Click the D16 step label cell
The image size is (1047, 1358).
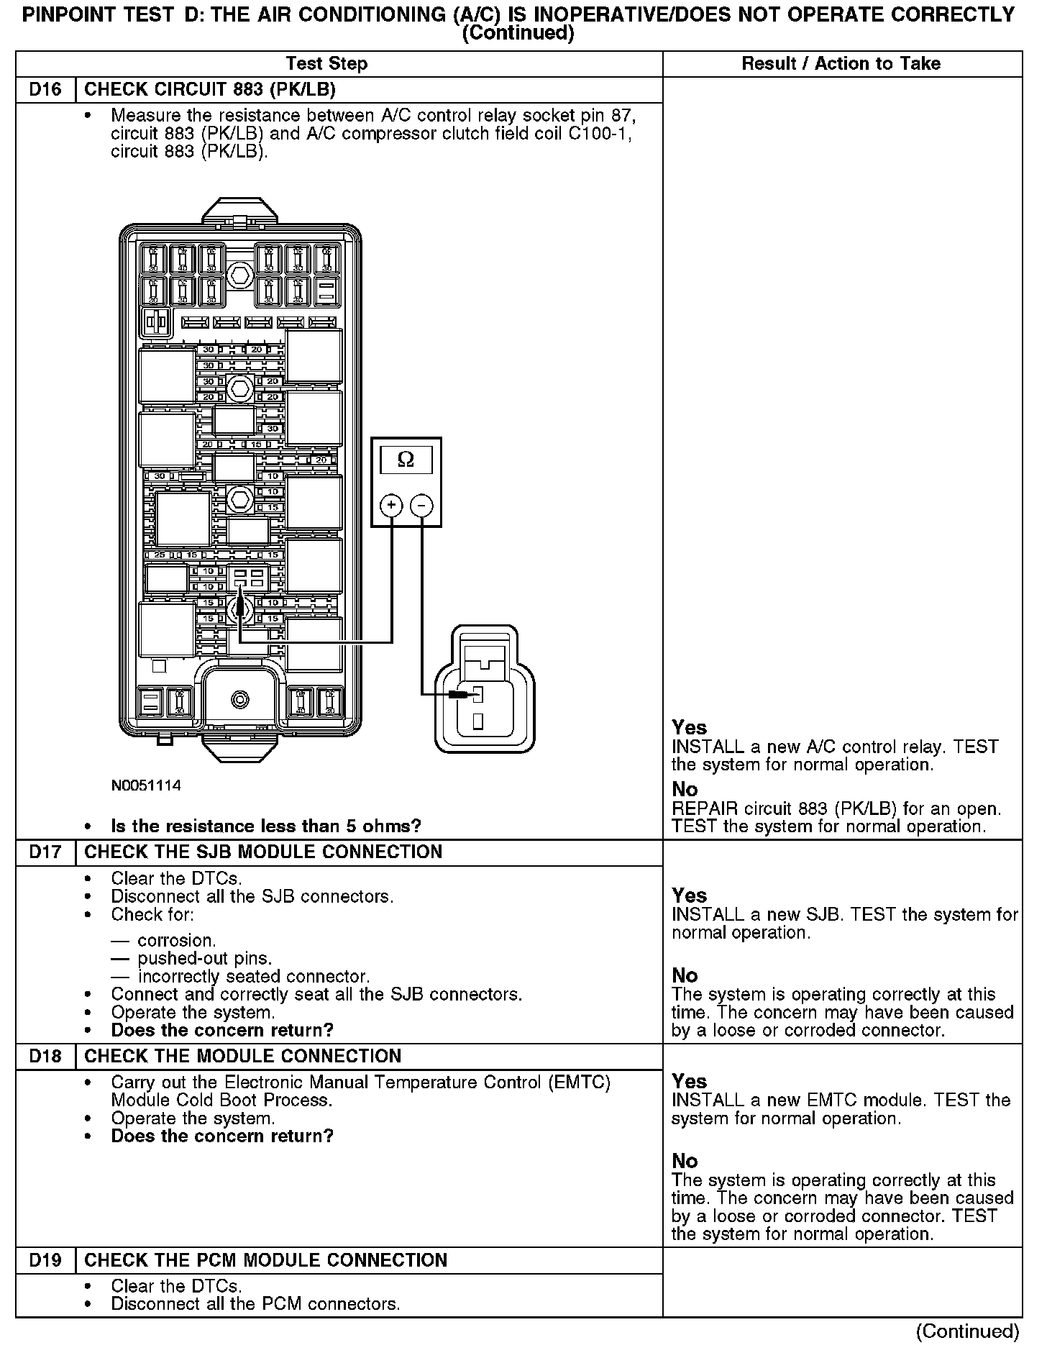[45, 90]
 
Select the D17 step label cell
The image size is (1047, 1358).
[45, 852]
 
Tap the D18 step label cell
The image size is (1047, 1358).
[45, 1057]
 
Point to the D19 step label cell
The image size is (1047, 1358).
[45, 1261]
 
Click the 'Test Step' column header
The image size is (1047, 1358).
[326, 64]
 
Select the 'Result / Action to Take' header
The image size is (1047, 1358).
[841, 64]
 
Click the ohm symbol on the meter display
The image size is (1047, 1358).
[406, 460]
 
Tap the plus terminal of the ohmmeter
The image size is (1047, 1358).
[391, 506]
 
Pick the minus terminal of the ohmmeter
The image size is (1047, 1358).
[421, 506]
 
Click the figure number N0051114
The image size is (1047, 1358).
[146, 785]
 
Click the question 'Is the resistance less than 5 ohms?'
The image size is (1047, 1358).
[265, 826]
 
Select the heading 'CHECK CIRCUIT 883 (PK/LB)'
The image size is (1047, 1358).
[210, 90]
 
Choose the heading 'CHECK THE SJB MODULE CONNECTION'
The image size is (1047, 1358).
[263, 852]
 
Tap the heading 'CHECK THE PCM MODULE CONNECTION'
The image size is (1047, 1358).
[265, 1261]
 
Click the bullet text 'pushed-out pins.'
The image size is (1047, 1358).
[204, 959]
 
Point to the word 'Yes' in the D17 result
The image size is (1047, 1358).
[689, 896]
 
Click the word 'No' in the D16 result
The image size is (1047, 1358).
[685, 790]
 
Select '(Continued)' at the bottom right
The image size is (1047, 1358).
[967, 1331]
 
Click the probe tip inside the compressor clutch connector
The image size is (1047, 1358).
[475, 695]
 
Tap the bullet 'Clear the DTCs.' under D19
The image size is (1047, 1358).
[176, 1286]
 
